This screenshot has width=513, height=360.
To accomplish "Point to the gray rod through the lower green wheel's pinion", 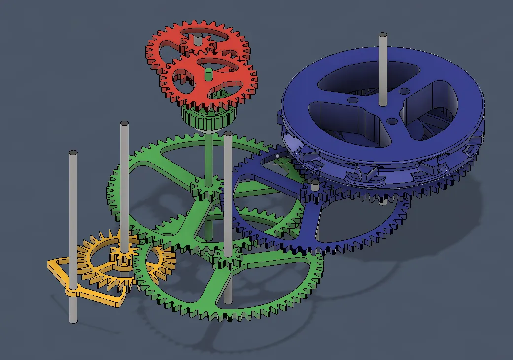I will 227,197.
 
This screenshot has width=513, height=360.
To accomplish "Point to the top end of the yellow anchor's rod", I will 73,153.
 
